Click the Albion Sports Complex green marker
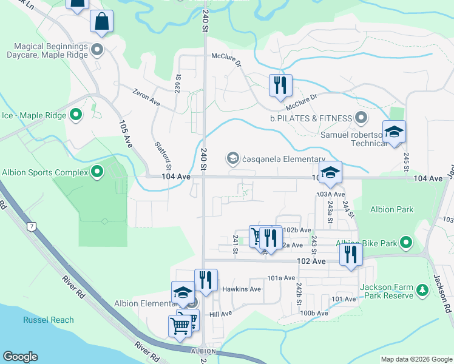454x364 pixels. [x=97, y=173]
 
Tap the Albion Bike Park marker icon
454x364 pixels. [x=406, y=244]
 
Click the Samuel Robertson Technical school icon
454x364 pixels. [x=394, y=133]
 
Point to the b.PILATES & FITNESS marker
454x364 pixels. [x=362, y=118]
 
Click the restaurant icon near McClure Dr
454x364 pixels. [x=280, y=85]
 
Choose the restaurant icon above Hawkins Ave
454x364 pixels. [x=206, y=280]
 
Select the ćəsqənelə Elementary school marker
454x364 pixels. [x=232, y=159]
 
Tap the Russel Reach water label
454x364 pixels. [x=49, y=320]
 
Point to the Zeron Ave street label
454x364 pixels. [x=147, y=96]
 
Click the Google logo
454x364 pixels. [x=21, y=357]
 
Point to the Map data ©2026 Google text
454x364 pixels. [x=416, y=359]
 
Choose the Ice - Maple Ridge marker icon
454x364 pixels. [x=76, y=114]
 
